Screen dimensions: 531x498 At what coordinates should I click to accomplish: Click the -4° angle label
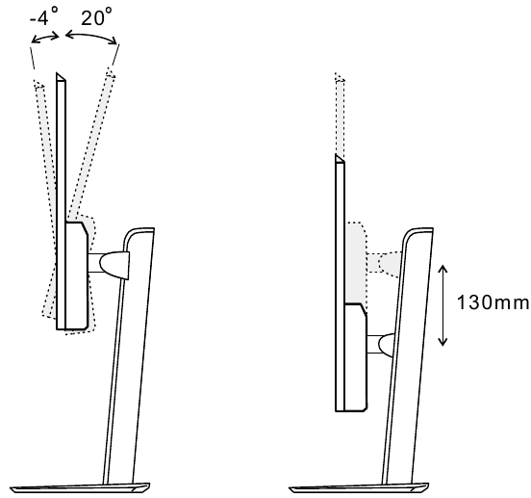click(x=44, y=16)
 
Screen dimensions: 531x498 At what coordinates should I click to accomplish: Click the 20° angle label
click(x=96, y=17)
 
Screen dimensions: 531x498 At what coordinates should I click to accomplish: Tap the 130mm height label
click(x=493, y=302)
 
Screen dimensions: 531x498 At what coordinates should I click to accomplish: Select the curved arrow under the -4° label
click(x=45, y=38)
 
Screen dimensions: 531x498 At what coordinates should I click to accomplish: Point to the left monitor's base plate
click(x=80, y=487)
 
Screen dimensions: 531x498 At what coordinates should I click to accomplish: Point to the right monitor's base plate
click(x=359, y=487)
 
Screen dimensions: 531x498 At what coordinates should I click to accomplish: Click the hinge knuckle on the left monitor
click(x=114, y=265)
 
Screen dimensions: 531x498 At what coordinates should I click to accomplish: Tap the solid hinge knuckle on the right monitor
click(x=386, y=345)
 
